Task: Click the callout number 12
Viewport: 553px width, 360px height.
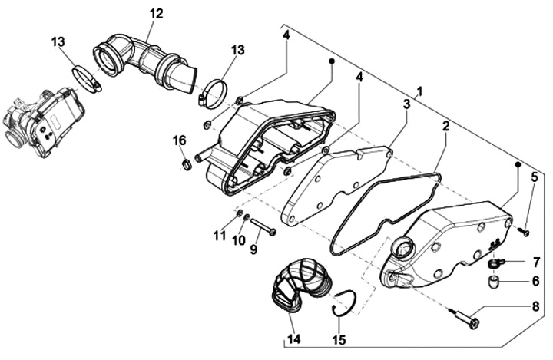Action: (156, 13)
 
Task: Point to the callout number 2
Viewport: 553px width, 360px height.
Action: (445, 125)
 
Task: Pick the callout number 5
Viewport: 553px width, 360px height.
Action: (534, 177)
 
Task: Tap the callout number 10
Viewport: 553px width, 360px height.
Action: (238, 239)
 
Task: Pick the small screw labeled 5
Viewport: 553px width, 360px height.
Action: (525, 230)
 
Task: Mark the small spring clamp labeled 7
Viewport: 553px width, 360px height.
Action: (494, 263)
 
